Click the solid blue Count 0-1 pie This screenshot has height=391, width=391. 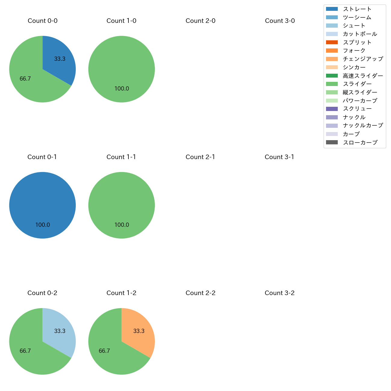point(42,205)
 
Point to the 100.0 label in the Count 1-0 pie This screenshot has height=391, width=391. point(122,89)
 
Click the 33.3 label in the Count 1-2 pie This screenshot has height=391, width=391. point(139,331)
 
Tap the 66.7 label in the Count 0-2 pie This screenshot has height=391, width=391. point(25,351)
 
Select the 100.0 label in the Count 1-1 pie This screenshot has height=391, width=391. point(122,225)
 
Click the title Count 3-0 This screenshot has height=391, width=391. point(280,21)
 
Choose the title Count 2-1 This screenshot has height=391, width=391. point(200,157)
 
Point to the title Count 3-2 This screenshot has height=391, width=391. point(279,293)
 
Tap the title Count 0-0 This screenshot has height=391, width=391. point(42,21)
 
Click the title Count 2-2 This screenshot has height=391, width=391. point(200,293)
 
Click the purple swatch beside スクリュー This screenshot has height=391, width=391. point(332,109)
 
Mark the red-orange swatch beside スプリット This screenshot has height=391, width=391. point(332,42)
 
